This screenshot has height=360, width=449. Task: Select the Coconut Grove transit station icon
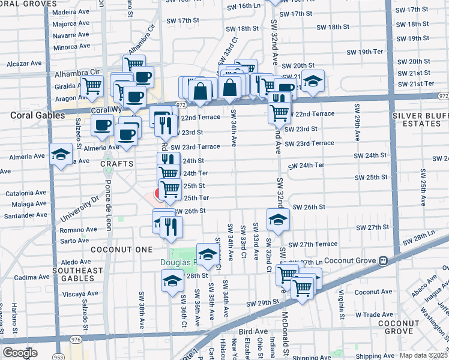click(x=382, y=261)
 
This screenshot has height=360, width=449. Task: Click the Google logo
click(x=20, y=353)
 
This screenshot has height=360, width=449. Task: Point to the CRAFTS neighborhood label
click(x=116, y=163)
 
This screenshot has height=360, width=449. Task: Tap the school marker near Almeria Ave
click(x=60, y=155)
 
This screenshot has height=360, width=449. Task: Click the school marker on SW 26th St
click(x=277, y=220)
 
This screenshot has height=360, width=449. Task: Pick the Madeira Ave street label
click(x=72, y=12)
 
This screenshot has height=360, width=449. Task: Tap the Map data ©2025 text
click(x=424, y=355)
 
